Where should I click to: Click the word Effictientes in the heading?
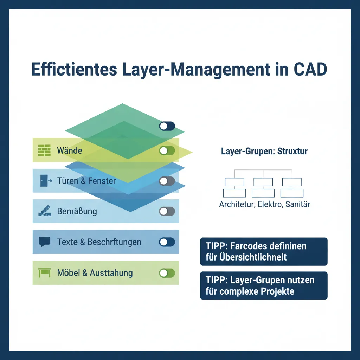point(74,69)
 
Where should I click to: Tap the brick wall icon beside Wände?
point(44,151)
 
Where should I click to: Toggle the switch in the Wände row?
point(167,151)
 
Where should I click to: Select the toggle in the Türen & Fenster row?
point(167,181)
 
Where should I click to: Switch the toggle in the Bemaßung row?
point(167,211)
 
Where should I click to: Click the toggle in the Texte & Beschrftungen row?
point(167,242)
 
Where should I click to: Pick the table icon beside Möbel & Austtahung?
point(44,273)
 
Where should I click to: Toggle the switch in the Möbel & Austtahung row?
point(167,273)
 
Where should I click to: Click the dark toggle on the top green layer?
point(167,126)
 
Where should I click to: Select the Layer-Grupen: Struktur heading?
point(264,152)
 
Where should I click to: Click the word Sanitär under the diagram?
point(298,204)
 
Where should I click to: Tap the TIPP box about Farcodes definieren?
point(264,251)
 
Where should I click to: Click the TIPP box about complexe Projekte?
point(264,285)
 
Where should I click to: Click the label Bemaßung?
point(77,211)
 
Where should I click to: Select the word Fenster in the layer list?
point(102,181)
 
